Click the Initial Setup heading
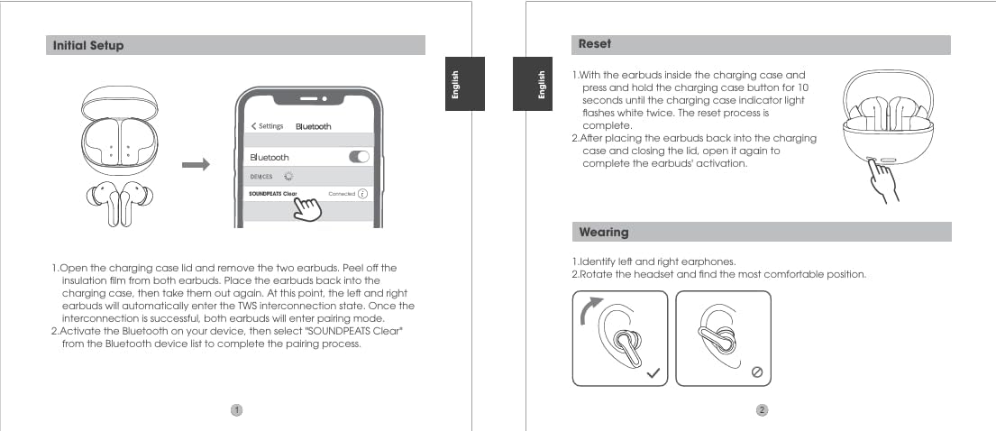(88, 45)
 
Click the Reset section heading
(595, 44)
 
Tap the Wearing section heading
(603, 232)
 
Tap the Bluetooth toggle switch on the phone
(359, 157)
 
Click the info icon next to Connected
(362, 194)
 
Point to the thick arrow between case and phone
(195, 165)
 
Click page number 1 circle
(236, 410)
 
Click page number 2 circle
(762, 410)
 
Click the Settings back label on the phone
(268, 126)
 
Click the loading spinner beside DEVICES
(288, 177)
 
